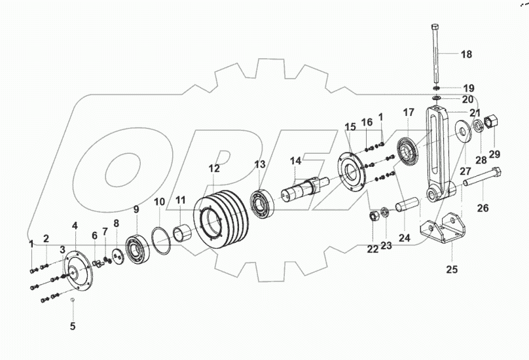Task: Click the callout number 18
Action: [x=465, y=54]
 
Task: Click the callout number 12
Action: [x=215, y=169]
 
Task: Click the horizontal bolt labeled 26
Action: [x=484, y=178]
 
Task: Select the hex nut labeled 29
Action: [x=493, y=124]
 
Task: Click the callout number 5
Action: [x=73, y=325]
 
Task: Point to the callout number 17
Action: [x=409, y=113]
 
